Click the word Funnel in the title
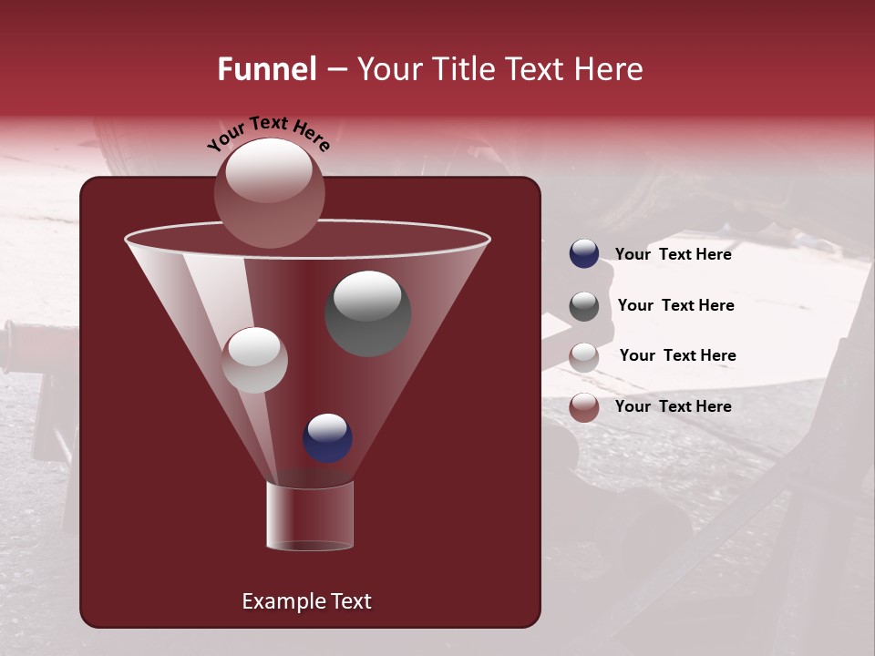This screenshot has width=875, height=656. pos(266,69)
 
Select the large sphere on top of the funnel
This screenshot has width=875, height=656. pos(270,192)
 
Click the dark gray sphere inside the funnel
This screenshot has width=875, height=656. pos(368,313)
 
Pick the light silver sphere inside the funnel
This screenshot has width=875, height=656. pos(254,360)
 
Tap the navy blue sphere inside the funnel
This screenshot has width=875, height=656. pos(327,437)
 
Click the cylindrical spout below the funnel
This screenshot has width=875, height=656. pos(309,516)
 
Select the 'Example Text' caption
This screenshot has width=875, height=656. pos(306,601)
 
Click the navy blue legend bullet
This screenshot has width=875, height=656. pos(584,254)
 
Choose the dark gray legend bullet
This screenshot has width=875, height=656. pos(584,306)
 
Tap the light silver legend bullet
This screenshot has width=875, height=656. pos(584,357)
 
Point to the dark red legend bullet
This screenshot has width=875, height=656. pos(584,407)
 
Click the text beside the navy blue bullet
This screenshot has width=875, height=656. pos(673,254)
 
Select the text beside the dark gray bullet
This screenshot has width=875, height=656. pos(675,305)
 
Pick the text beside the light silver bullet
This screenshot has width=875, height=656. pos(677,355)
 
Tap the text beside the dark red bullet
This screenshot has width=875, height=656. pos(673,406)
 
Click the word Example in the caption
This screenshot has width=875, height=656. pos(276,601)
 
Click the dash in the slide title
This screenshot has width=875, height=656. pos(335,70)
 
